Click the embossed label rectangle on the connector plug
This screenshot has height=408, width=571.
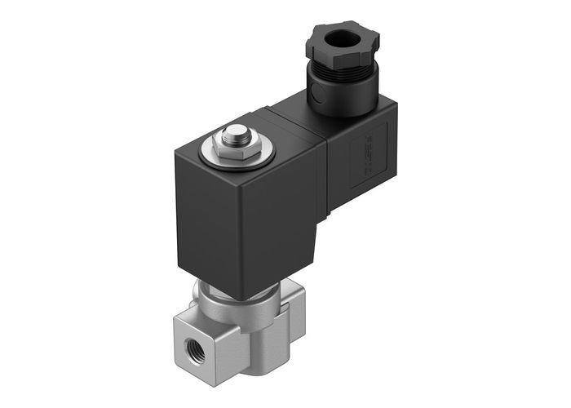[363, 149]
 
